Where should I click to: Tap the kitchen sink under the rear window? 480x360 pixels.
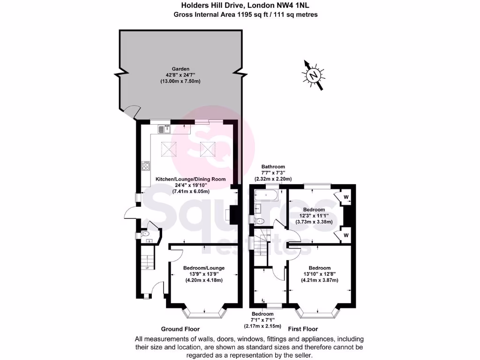click(x=163, y=128)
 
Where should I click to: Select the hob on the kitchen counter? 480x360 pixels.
click(x=146, y=165)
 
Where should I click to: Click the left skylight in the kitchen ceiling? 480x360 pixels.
click(x=169, y=149)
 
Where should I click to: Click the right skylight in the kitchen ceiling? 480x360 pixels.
click(x=207, y=149)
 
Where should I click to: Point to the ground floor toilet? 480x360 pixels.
click(x=145, y=233)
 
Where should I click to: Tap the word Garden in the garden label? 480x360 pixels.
click(x=180, y=69)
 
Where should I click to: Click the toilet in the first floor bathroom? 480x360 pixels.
click(x=260, y=220)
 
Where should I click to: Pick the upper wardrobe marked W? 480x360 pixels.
click(x=346, y=197)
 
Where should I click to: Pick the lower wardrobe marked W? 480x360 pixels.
click(x=346, y=234)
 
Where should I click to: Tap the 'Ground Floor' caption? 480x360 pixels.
click(x=180, y=329)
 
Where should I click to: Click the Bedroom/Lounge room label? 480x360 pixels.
click(x=203, y=267)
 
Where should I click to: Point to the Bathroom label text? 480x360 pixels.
click(x=273, y=167)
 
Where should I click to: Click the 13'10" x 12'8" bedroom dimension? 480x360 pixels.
click(x=319, y=274)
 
